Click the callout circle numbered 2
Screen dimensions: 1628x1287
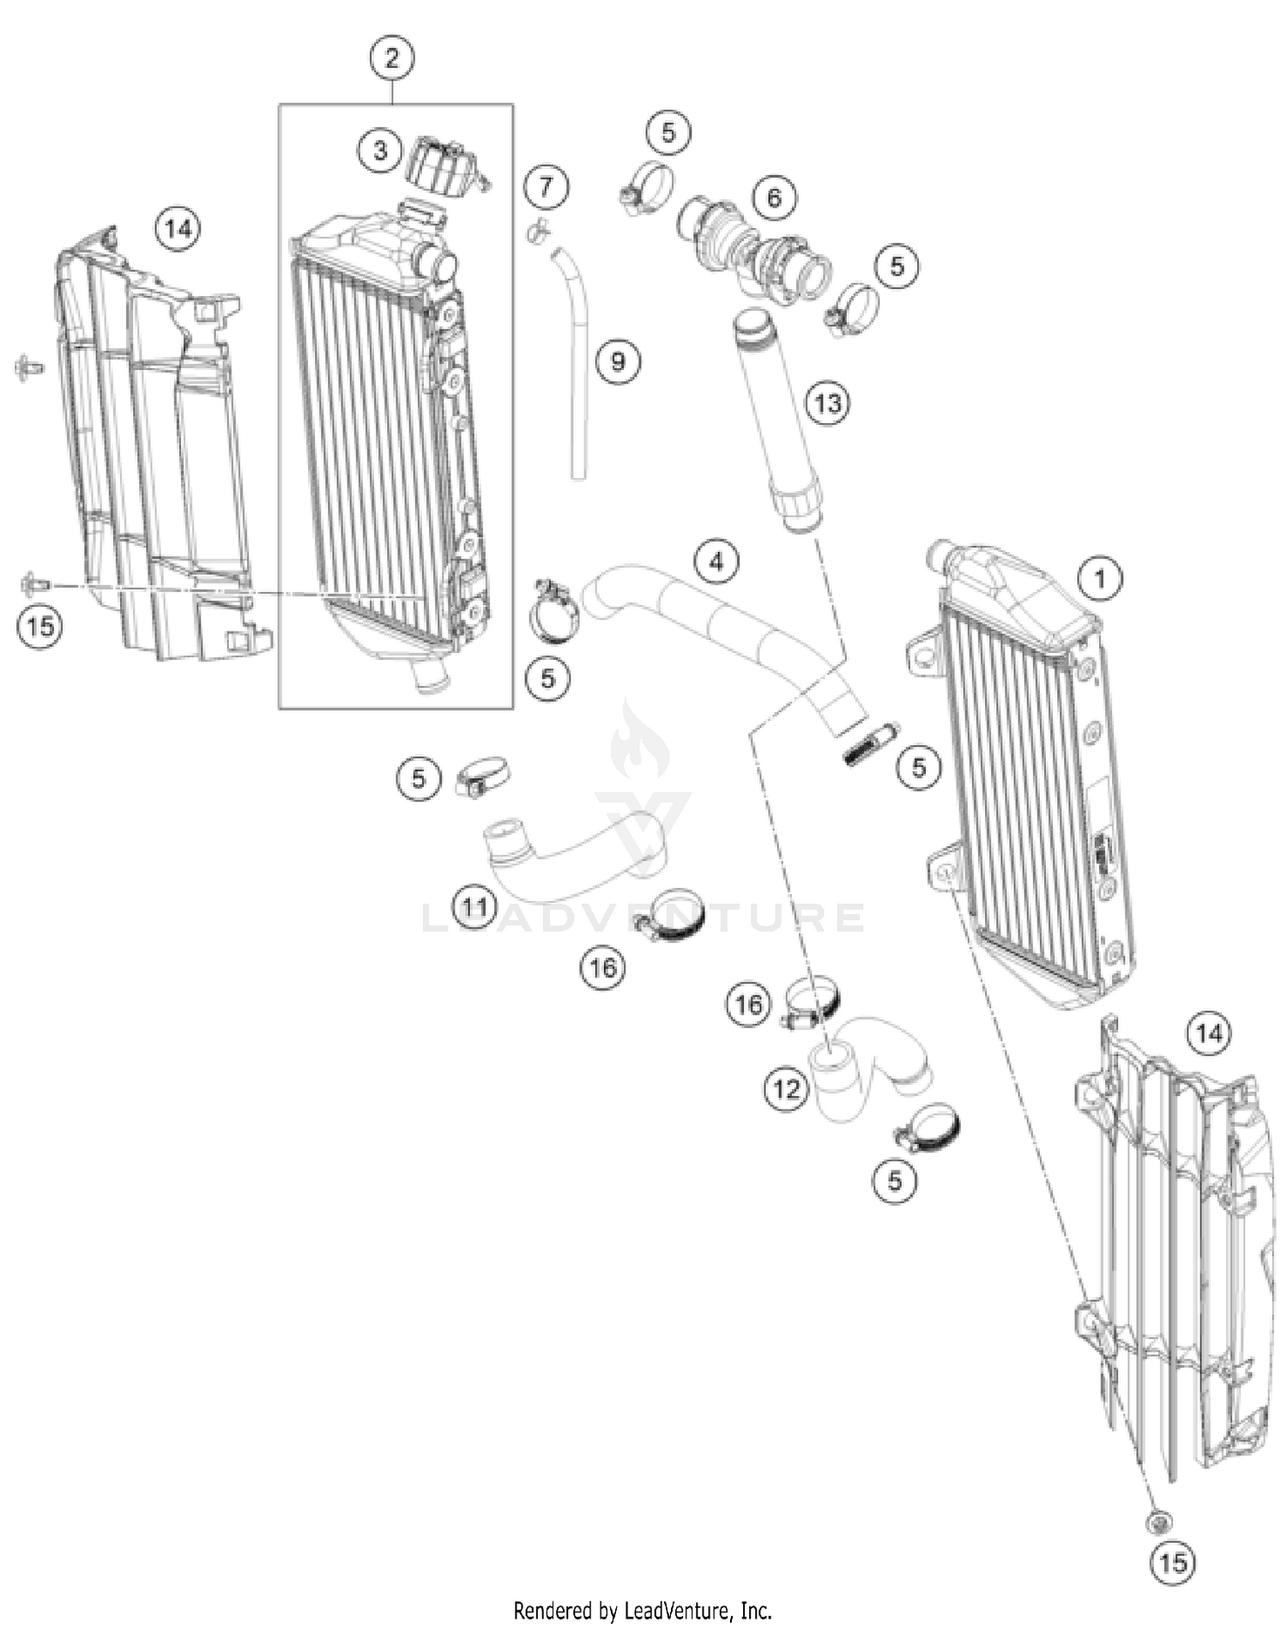pos(392,58)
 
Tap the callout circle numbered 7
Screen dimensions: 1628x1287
pos(547,186)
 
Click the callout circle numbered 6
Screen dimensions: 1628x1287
pos(774,198)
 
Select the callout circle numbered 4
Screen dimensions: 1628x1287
pos(716,562)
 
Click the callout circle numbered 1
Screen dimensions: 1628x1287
pos(1100,578)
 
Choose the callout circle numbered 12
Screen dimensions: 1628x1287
pos(786,1090)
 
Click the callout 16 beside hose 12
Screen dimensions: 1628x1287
pos(748,1004)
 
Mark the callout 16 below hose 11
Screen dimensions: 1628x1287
pos(602,968)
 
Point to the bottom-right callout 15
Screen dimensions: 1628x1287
pos(1172,1563)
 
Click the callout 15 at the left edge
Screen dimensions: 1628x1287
pos(40,626)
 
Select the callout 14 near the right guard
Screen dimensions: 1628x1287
pos(1209,1033)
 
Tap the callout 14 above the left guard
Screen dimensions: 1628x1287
pos(178,229)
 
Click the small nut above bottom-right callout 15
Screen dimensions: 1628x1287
pos(1159,1523)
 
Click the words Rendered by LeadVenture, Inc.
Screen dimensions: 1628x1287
pos(643,1610)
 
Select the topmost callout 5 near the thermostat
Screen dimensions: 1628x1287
pos(668,132)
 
